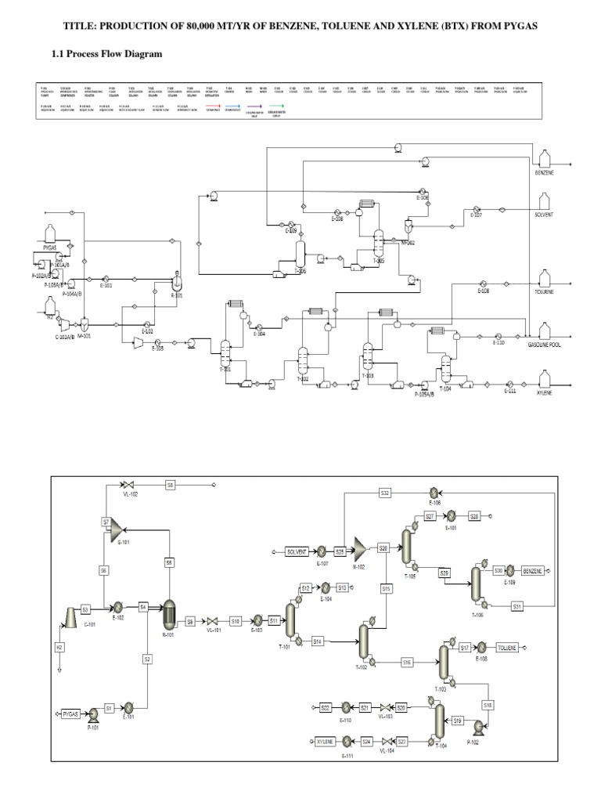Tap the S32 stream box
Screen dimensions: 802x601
tap(385, 493)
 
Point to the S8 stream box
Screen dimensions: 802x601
tap(171, 485)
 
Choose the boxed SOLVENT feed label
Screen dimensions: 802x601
tap(298, 551)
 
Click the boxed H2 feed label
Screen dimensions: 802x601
tap(59, 648)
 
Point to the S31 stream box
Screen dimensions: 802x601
tap(517, 606)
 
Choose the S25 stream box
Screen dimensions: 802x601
tap(340, 551)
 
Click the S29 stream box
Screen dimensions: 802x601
tap(444, 573)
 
